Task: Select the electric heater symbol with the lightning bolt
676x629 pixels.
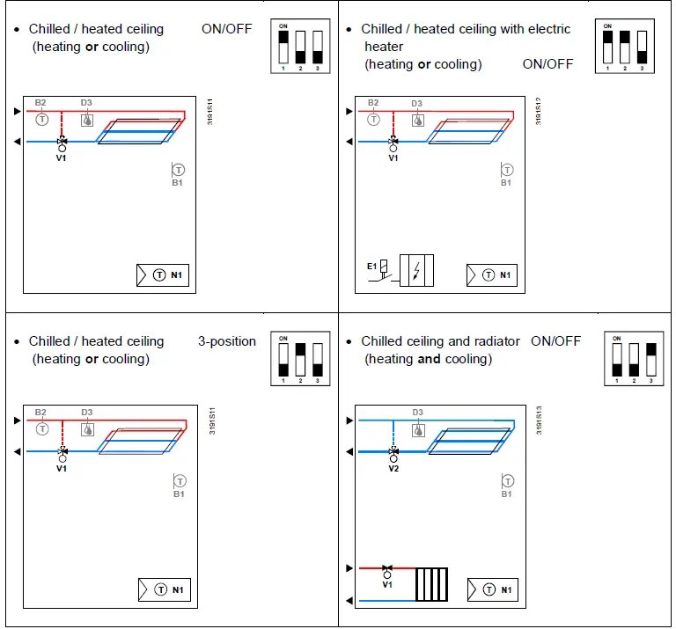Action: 416,269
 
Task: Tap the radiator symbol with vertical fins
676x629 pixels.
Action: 432,584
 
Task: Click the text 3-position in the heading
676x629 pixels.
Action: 227,341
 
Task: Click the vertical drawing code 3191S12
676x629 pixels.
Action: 540,111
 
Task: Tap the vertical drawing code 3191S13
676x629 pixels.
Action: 540,421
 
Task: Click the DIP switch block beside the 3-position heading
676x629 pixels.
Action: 300,359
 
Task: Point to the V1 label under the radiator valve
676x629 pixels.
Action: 387,584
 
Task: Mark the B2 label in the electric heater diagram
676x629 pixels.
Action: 373,104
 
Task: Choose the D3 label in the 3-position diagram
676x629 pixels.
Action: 87,413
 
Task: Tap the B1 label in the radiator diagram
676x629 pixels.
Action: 506,494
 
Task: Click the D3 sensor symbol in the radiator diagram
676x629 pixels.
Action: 418,430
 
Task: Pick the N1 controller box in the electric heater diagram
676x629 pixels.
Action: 492,275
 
